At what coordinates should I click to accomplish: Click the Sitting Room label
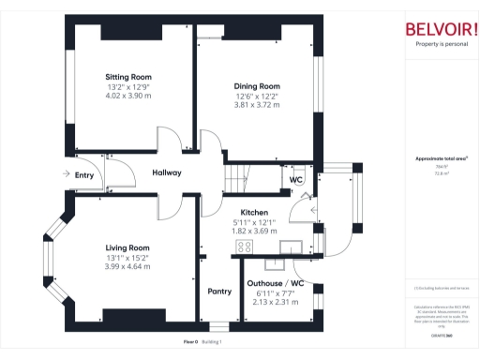(x=128, y=77)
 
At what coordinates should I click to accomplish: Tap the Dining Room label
(x=256, y=86)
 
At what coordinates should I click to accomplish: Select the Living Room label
(x=127, y=248)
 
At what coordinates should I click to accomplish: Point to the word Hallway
(x=167, y=172)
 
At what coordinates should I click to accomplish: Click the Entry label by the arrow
(x=84, y=174)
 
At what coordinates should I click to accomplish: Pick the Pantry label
(x=219, y=292)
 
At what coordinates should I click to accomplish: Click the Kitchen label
(x=255, y=212)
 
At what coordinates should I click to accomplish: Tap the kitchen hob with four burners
(x=244, y=247)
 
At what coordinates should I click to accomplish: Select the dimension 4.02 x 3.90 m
(x=128, y=96)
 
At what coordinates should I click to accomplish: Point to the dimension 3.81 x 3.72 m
(x=256, y=105)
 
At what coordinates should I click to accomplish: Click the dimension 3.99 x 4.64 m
(x=127, y=267)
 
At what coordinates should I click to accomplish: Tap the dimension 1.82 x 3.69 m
(x=255, y=231)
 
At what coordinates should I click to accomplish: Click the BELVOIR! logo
(x=441, y=28)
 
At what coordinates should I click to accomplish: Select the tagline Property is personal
(x=441, y=44)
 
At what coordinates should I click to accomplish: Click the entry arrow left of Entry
(x=64, y=174)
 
